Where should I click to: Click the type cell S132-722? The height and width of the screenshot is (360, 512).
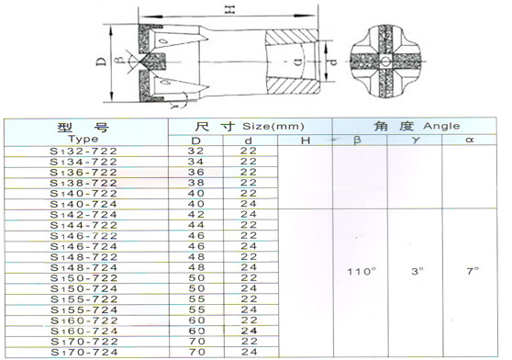[x=83, y=152]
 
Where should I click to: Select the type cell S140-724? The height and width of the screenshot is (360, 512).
[x=83, y=204]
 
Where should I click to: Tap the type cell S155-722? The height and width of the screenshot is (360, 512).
[x=84, y=299]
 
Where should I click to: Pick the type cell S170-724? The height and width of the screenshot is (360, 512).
[x=84, y=353]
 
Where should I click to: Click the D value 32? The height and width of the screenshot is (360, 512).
[x=196, y=151]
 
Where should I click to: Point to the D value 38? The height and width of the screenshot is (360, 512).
[x=196, y=183]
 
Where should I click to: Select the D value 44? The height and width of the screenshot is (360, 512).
[x=196, y=225]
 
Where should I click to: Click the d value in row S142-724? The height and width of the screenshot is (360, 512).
[x=249, y=214]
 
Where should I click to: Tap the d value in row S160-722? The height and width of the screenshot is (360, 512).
[x=249, y=321]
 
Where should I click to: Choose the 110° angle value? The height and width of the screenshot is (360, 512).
[x=362, y=272]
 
